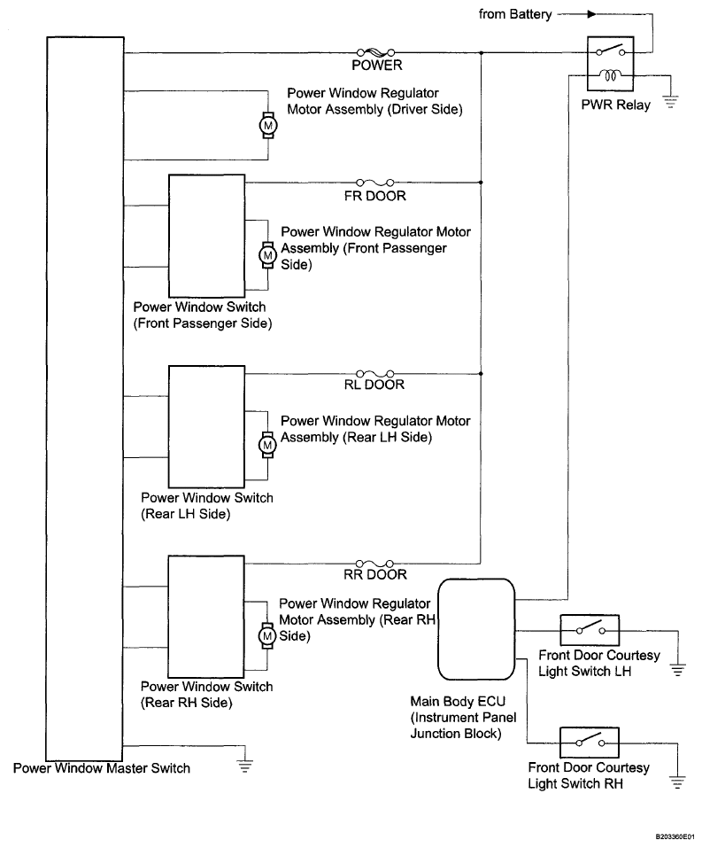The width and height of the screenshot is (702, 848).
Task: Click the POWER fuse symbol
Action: pos(374,52)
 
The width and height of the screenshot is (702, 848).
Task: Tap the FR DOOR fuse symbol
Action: pos(374,183)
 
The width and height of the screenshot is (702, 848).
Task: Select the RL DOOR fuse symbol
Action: pos(374,373)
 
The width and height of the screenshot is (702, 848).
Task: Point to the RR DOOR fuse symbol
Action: pos(374,563)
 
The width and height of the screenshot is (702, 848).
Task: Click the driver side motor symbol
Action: pos(266,126)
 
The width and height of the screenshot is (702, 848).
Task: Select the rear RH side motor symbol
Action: pos(266,634)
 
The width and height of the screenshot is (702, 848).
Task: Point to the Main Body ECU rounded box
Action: pos(476,627)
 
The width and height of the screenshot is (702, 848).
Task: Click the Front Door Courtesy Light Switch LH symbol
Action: pos(589,630)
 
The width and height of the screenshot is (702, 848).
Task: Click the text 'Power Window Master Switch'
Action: pos(102,768)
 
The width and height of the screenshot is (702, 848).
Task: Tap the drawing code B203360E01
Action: pos(675,836)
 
